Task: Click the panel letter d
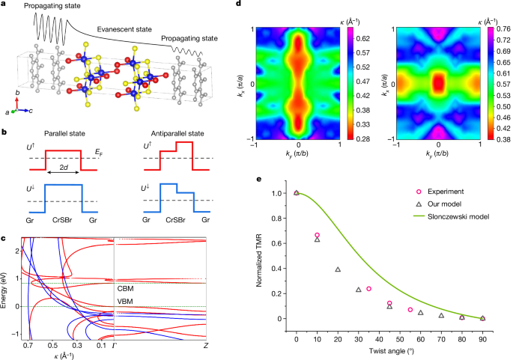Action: point(238,4)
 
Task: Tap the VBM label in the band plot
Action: point(127,302)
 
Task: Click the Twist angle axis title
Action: point(392,350)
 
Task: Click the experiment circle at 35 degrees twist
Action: point(368,288)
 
